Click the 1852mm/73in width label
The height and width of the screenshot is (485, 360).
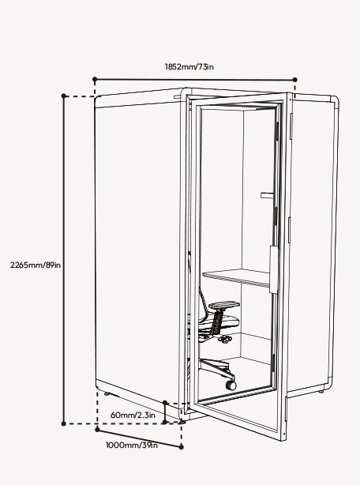[x=189, y=66]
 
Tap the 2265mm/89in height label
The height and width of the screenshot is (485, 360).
[x=36, y=265]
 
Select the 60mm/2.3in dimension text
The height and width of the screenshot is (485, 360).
[x=133, y=415]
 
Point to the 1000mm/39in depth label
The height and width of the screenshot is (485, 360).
[x=132, y=445]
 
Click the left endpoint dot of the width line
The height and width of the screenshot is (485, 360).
[x=95, y=79]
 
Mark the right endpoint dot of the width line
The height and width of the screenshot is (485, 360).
[x=294, y=80]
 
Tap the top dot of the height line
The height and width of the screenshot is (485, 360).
[x=64, y=96]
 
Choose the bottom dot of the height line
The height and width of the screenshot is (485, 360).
[x=64, y=423]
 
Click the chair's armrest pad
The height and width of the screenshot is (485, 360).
[x=224, y=305]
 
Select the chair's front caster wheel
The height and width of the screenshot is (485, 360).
[x=231, y=385]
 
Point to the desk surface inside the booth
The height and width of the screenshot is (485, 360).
[x=236, y=277]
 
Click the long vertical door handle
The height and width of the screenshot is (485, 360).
[x=272, y=269]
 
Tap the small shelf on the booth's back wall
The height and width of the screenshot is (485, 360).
[x=268, y=195]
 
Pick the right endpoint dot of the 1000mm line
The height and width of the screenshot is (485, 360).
[x=182, y=446]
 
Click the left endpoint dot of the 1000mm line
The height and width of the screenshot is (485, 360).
[x=97, y=430]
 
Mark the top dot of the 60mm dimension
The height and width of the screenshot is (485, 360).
[x=165, y=403]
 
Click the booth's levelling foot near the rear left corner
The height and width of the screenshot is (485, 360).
[x=107, y=393]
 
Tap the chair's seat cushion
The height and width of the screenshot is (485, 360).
[x=223, y=321]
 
